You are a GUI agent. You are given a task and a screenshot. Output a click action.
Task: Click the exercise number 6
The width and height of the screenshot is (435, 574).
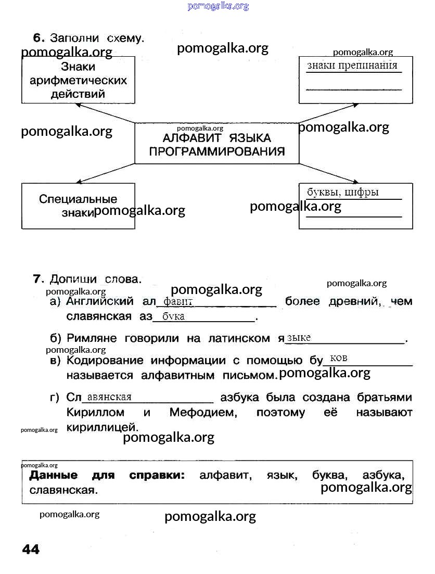tap(37, 38)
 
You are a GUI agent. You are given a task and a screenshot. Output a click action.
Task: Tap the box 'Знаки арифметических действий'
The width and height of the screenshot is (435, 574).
tap(78, 80)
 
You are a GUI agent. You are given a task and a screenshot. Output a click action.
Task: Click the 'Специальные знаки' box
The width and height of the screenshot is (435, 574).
tap(78, 206)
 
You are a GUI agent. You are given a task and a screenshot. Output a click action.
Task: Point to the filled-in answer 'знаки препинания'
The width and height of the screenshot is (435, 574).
tap(352, 66)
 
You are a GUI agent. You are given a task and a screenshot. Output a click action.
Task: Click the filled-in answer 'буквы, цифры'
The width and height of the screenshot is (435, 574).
tap(343, 193)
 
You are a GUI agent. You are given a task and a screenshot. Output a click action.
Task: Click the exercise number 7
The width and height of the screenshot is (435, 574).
tap(37, 279)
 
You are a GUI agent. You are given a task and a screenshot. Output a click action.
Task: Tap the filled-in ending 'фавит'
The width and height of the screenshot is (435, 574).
tap(178, 302)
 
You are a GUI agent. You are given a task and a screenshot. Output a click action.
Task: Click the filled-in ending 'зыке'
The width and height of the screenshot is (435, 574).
tap(299, 338)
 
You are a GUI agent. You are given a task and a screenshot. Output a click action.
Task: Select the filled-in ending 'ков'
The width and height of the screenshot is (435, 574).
tap(339, 358)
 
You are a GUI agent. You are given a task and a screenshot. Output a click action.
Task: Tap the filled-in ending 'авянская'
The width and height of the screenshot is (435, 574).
tap(109, 398)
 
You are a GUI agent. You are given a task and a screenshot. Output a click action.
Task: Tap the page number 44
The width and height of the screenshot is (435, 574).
tap(31, 550)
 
